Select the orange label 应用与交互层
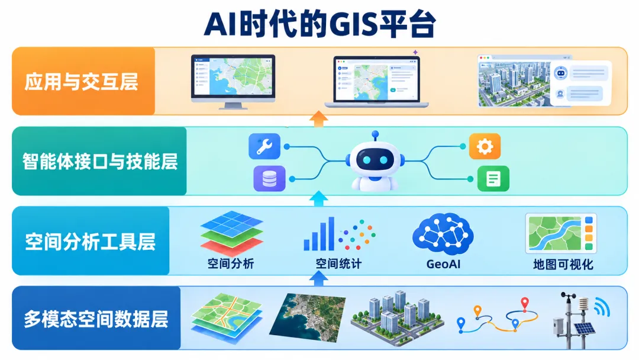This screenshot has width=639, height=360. click(x=82, y=82)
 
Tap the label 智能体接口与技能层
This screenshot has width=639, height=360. click(x=100, y=161)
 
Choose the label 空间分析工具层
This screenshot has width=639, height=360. click(x=90, y=241)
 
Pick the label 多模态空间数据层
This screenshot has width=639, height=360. click(x=96, y=319)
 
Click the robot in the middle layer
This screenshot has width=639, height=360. click(x=375, y=162)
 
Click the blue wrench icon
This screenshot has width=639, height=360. click(x=264, y=146)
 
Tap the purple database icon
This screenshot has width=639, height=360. click(x=269, y=179)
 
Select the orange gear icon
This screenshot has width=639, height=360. click(x=485, y=146)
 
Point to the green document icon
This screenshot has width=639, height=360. click(x=493, y=179)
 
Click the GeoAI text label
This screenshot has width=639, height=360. click(x=443, y=264)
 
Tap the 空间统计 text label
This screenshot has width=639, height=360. click(x=338, y=263)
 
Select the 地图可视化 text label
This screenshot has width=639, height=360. click(x=563, y=264)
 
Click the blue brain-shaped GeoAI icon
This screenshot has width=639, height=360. click(x=443, y=234)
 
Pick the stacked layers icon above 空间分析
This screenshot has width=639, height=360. click(x=231, y=233)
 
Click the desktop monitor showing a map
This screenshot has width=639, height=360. click(x=233, y=82)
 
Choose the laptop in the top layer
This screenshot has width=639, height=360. click(x=376, y=82)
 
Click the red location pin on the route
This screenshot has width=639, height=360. click(x=525, y=304)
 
